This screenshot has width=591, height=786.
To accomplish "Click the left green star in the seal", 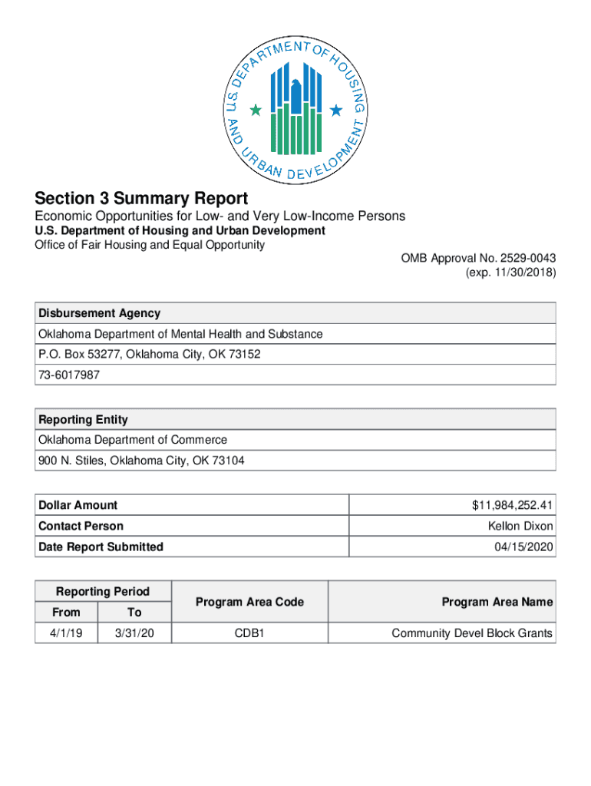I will coord(256,111).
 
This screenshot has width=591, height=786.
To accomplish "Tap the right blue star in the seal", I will coord(335,111).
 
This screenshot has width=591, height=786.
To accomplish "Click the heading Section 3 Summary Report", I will coord(141,198).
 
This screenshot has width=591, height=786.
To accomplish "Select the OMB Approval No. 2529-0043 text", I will coord(478,258).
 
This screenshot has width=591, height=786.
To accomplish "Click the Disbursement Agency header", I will coord(100,313).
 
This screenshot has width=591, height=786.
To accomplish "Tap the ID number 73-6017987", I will coord(69,375).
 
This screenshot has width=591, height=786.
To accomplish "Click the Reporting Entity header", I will coord(84,420).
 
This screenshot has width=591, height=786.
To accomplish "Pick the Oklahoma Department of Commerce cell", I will coord(133,440).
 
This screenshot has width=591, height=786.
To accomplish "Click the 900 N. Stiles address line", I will coord(142,461).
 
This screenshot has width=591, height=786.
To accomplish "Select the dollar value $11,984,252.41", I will coord(513,505).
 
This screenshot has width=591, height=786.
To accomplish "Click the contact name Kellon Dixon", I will coord(520,526).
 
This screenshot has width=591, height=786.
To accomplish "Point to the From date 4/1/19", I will coord(66,633).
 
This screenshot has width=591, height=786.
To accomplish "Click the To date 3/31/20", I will coord(134,633).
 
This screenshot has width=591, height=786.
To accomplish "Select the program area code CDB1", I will coord(249,633).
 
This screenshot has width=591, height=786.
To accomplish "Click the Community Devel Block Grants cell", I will coord(471,633).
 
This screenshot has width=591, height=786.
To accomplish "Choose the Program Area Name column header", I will coord(497,602).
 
